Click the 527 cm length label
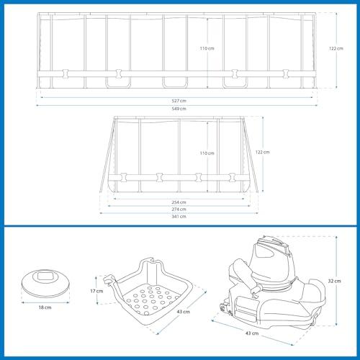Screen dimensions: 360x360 coord(179,101)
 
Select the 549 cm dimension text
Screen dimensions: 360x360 coord(179,109)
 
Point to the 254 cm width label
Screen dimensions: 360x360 coord(179,202)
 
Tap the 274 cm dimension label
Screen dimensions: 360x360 coord(179,210)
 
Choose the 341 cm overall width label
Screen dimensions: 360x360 coord(179,217)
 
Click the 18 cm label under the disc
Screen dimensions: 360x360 coord(45,307)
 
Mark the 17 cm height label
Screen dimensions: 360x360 coord(96,291)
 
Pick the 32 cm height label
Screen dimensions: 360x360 coord(335,281)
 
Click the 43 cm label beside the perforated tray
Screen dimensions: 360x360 coord(184,312)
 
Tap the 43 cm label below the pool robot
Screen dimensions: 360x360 coord(252,333)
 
